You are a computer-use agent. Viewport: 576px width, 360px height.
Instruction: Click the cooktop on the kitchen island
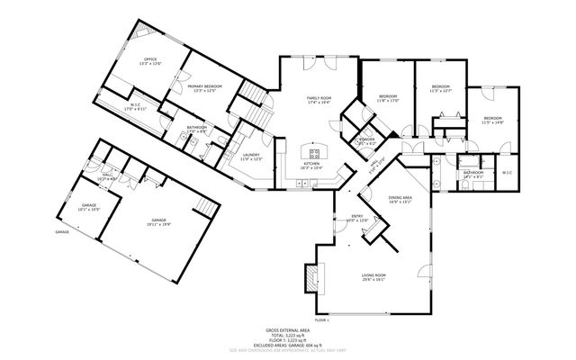pyautogui.click(x=316, y=148)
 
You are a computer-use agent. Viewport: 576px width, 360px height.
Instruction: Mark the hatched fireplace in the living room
pyautogui.click(x=309, y=279)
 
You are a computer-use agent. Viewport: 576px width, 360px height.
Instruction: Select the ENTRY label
pyautogui.click(x=357, y=217)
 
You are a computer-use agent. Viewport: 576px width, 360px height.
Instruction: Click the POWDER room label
pyautogui.click(x=366, y=140)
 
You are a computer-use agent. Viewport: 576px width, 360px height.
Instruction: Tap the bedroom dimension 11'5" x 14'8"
pyautogui.click(x=492, y=122)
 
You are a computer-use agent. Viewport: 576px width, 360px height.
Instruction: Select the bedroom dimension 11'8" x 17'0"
pyautogui.click(x=389, y=100)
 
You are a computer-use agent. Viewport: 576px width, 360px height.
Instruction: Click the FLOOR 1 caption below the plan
pyautogui.click(x=322, y=320)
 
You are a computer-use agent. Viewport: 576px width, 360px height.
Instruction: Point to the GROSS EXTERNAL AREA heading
pyautogui.click(x=287, y=330)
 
